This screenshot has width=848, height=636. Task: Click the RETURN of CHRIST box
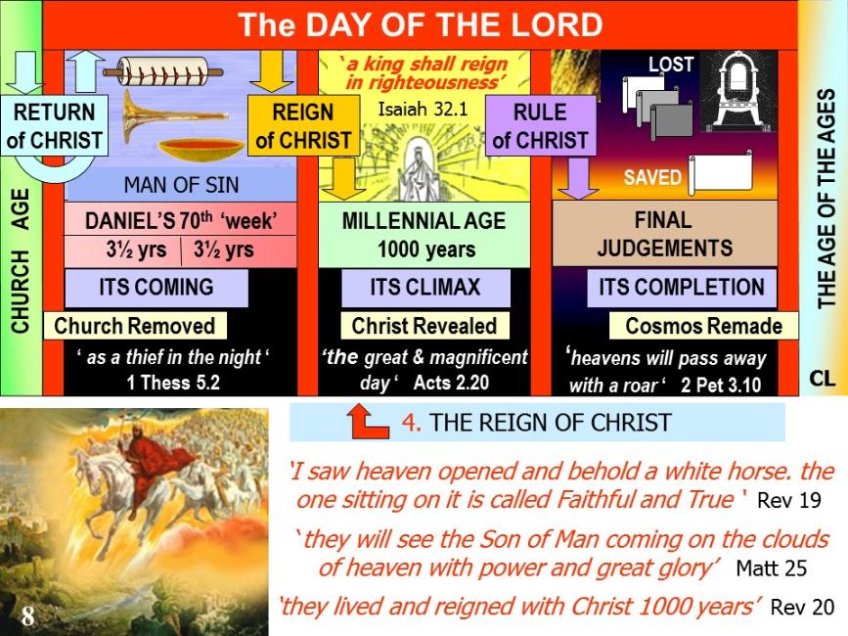click(54, 125)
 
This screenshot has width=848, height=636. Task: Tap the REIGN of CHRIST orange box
click(303, 125)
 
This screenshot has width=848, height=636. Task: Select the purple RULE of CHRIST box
click(540, 125)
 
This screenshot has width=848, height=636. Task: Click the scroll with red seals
click(162, 71)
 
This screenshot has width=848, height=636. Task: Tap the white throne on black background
click(738, 90)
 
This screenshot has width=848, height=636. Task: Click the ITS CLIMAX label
click(425, 287)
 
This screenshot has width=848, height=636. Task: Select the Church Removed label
click(135, 326)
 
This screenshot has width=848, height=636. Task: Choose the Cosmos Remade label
click(703, 326)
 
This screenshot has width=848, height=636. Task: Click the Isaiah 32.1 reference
click(423, 110)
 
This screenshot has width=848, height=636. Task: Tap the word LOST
click(671, 65)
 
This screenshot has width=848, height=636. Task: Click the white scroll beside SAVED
click(720, 173)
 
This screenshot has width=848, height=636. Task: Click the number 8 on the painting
click(27, 615)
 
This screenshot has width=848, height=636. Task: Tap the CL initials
click(822, 378)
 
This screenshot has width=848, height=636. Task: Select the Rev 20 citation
click(802, 607)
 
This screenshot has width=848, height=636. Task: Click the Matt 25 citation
click(771, 568)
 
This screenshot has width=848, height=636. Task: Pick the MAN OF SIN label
click(181, 185)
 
